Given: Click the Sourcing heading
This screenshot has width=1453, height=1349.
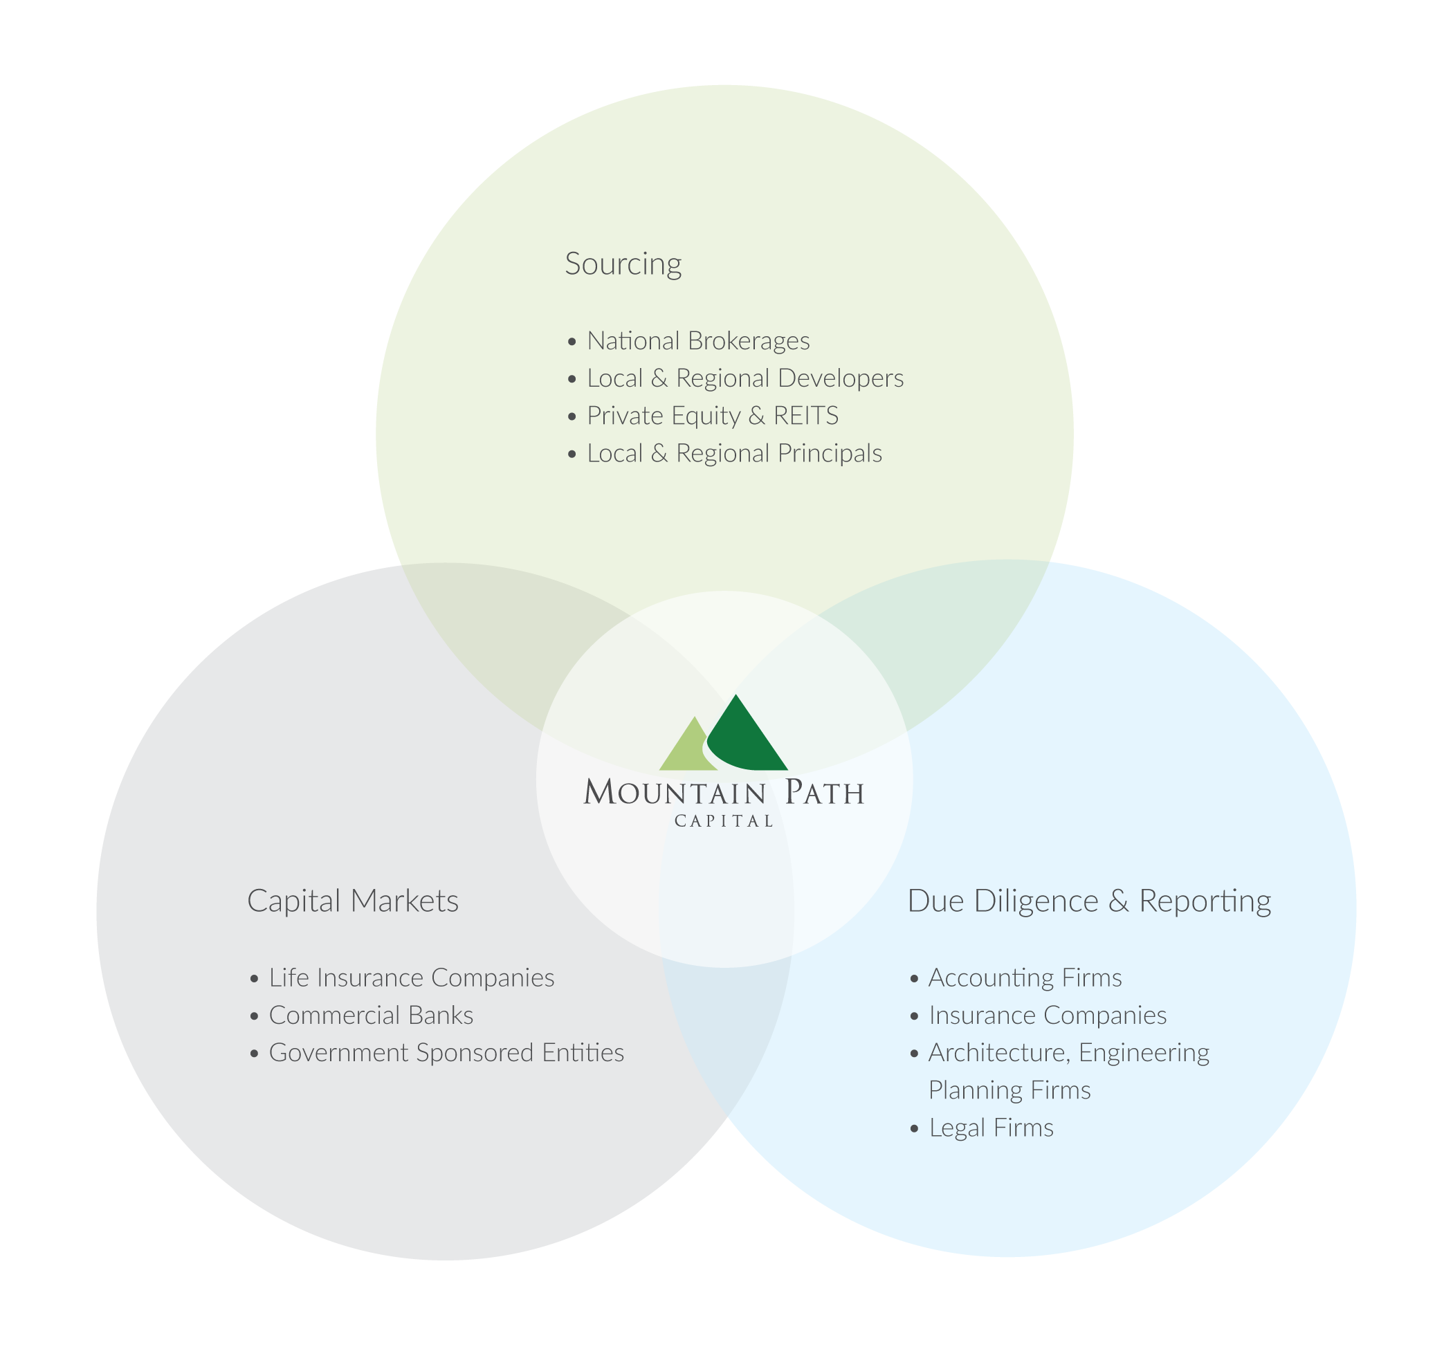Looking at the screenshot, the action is click(x=623, y=264).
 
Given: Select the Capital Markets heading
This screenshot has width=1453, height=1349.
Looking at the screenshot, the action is click(x=353, y=901).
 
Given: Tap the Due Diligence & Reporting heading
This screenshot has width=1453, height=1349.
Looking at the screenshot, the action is click(x=1088, y=901).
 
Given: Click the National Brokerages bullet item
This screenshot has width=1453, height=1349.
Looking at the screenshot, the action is click(x=699, y=341).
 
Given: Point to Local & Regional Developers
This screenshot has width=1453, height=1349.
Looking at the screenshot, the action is click(x=745, y=378).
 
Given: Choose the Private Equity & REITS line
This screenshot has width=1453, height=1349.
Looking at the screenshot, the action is click(x=713, y=416).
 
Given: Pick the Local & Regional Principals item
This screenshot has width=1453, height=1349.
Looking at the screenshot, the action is click(x=735, y=453).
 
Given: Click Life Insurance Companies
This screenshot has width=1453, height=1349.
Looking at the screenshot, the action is click(x=412, y=978).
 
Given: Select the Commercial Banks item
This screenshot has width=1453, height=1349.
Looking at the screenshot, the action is click(x=371, y=1016).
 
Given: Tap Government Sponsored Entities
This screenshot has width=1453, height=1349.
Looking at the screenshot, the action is click(x=446, y=1053).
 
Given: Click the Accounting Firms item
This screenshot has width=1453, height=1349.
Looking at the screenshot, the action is click(x=1025, y=978).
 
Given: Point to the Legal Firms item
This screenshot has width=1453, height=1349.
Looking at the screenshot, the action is click(x=991, y=1128).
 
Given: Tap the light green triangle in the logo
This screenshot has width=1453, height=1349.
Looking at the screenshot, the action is click(x=686, y=746).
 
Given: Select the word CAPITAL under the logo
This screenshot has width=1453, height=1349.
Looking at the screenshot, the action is click(x=724, y=821).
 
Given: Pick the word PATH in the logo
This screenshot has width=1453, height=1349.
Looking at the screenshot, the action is click(x=824, y=791).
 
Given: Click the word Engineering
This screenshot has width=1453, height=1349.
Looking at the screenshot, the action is click(x=1144, y=1054).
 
